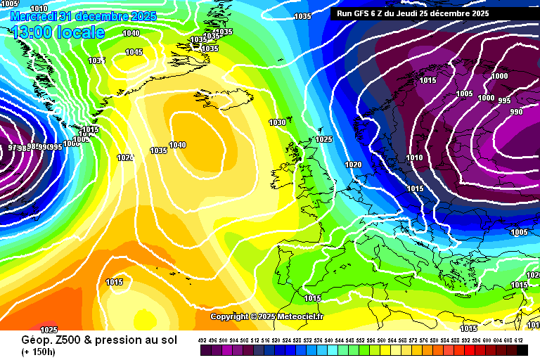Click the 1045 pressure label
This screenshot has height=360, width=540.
click(134, 52)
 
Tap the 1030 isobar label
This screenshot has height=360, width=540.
click(277, 122)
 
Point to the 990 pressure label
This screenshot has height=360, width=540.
click(516, 112)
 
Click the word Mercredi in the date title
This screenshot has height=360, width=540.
click(34, 15)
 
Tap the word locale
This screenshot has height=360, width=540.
click(81, 32)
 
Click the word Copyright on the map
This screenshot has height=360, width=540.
click(229, 316)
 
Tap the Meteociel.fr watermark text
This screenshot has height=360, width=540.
click(300, 316)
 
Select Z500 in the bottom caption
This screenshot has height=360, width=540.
click(63, 339)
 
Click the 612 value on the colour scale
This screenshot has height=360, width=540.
click(519, 340)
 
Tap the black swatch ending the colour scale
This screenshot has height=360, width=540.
click(522, 349)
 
